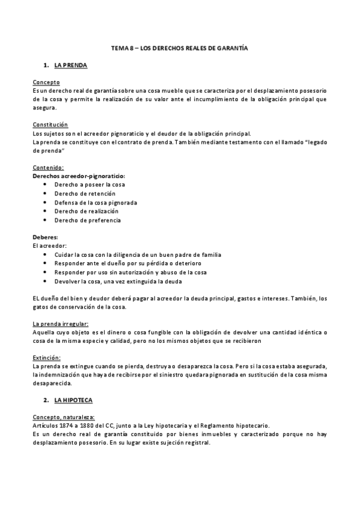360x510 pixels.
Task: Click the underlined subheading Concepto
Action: click(x=46, y=82)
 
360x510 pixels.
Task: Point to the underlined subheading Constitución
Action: click(x=50, y=124)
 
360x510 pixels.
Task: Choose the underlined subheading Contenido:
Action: click(x=48, y=167)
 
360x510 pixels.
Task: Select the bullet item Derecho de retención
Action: click(x=85, y=194)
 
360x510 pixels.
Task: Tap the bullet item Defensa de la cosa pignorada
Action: click(x=96, y=203)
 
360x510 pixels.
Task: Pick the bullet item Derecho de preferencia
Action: click(x=87, y=220)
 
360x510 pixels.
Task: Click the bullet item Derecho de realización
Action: click(x=86, y=211)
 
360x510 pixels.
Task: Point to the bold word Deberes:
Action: click(x=46, y=238)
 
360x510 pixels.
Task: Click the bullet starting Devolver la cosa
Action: click(x=117, y=281)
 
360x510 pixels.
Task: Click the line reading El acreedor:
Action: click(x=49, y=246)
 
